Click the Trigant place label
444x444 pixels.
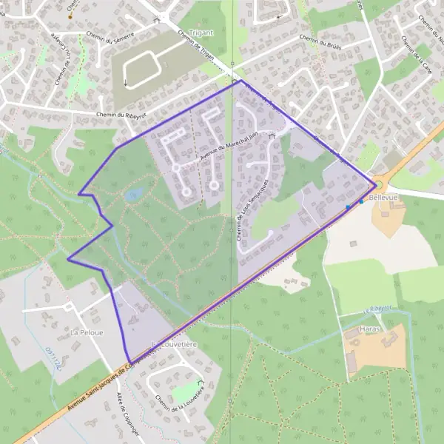pos(201,33)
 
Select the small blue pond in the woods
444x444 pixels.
pos(134,195)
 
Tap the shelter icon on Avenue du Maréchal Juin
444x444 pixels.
pos(272,136)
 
